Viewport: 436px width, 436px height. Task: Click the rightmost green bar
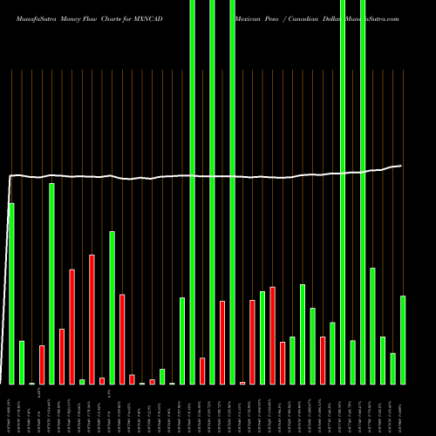[x=403, y=340]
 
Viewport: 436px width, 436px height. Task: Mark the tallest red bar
[x=92, y=319]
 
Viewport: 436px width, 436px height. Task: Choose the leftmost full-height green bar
[x=192, y=192]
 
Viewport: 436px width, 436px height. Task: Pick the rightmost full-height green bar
[x=363, y=192]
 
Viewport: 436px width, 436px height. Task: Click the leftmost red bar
[x=42, y=364]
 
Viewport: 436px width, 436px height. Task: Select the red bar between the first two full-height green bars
[x=202, y=371]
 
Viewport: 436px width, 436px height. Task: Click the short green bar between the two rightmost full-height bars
[x=352, y=362]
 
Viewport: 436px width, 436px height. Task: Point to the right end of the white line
[x=401, y=166]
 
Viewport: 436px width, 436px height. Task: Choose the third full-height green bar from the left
[x=232, y=192]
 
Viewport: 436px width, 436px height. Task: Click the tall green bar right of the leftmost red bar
[x=51, y=283]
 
